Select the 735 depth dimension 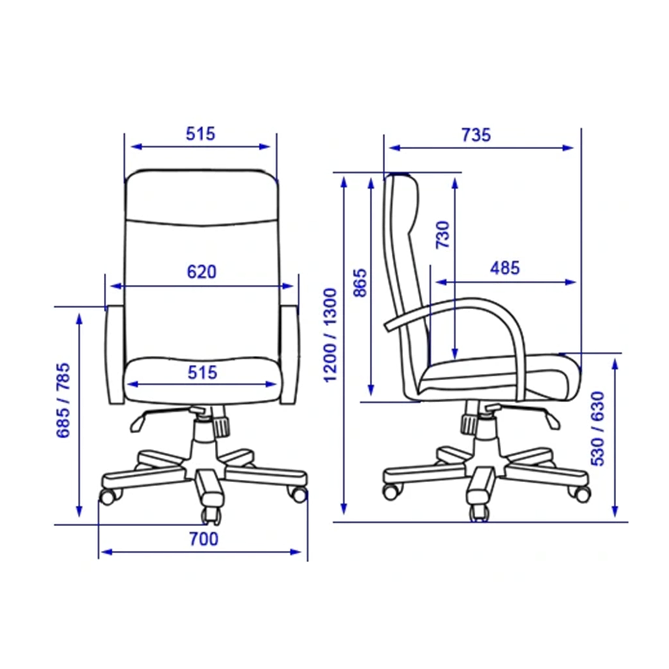[x=476, y=135]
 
